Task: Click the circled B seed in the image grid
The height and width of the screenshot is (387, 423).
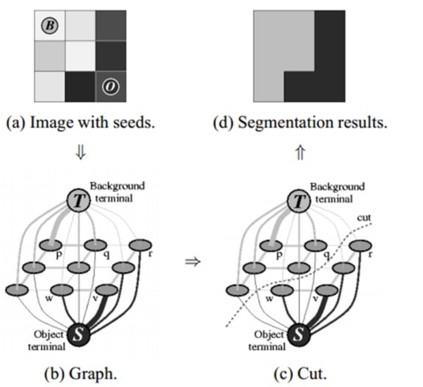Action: (50, 26)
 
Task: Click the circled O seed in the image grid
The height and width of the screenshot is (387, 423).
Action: (111, 87)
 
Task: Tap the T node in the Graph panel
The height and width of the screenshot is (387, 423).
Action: (78, 202)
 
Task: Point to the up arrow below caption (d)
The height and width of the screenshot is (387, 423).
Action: (300, 153)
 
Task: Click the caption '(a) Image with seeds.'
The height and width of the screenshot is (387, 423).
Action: (81, 123)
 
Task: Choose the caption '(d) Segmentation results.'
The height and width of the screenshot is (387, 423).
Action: (300, 123)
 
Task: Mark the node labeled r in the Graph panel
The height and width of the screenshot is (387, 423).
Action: (140, 245)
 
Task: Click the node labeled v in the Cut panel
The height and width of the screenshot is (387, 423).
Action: (327, 290)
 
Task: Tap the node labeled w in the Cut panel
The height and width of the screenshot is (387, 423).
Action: (282, 290)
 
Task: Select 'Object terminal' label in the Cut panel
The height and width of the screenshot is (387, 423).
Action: (267, 340)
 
